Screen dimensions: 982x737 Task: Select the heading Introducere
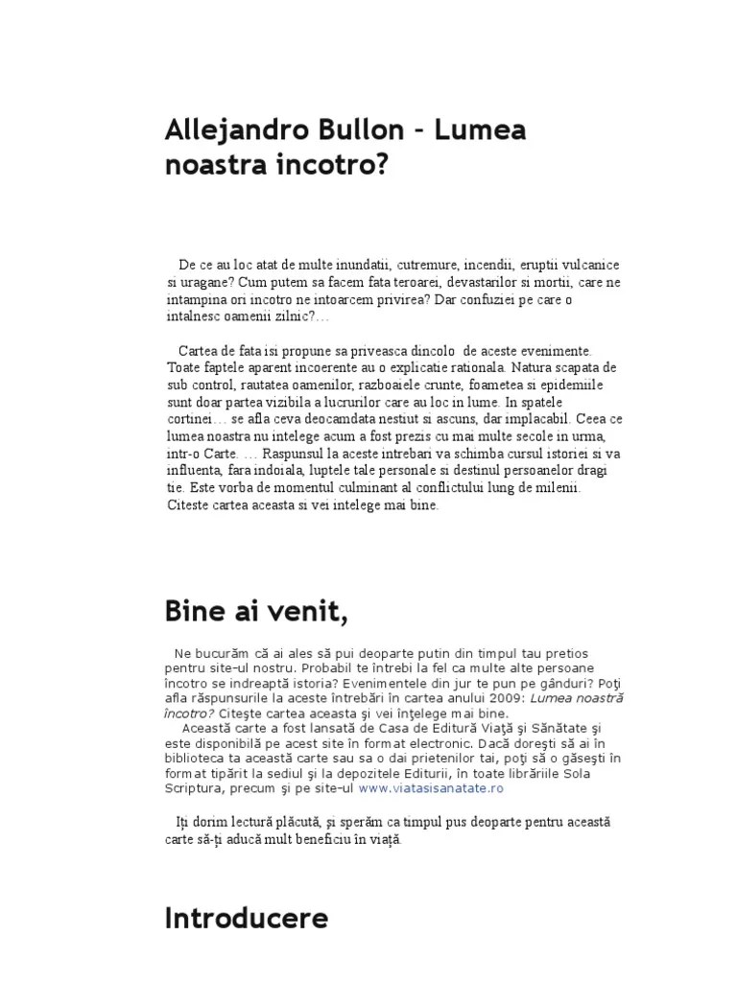tap(246, 919)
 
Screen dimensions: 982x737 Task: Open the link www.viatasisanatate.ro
tap(432, 788)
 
